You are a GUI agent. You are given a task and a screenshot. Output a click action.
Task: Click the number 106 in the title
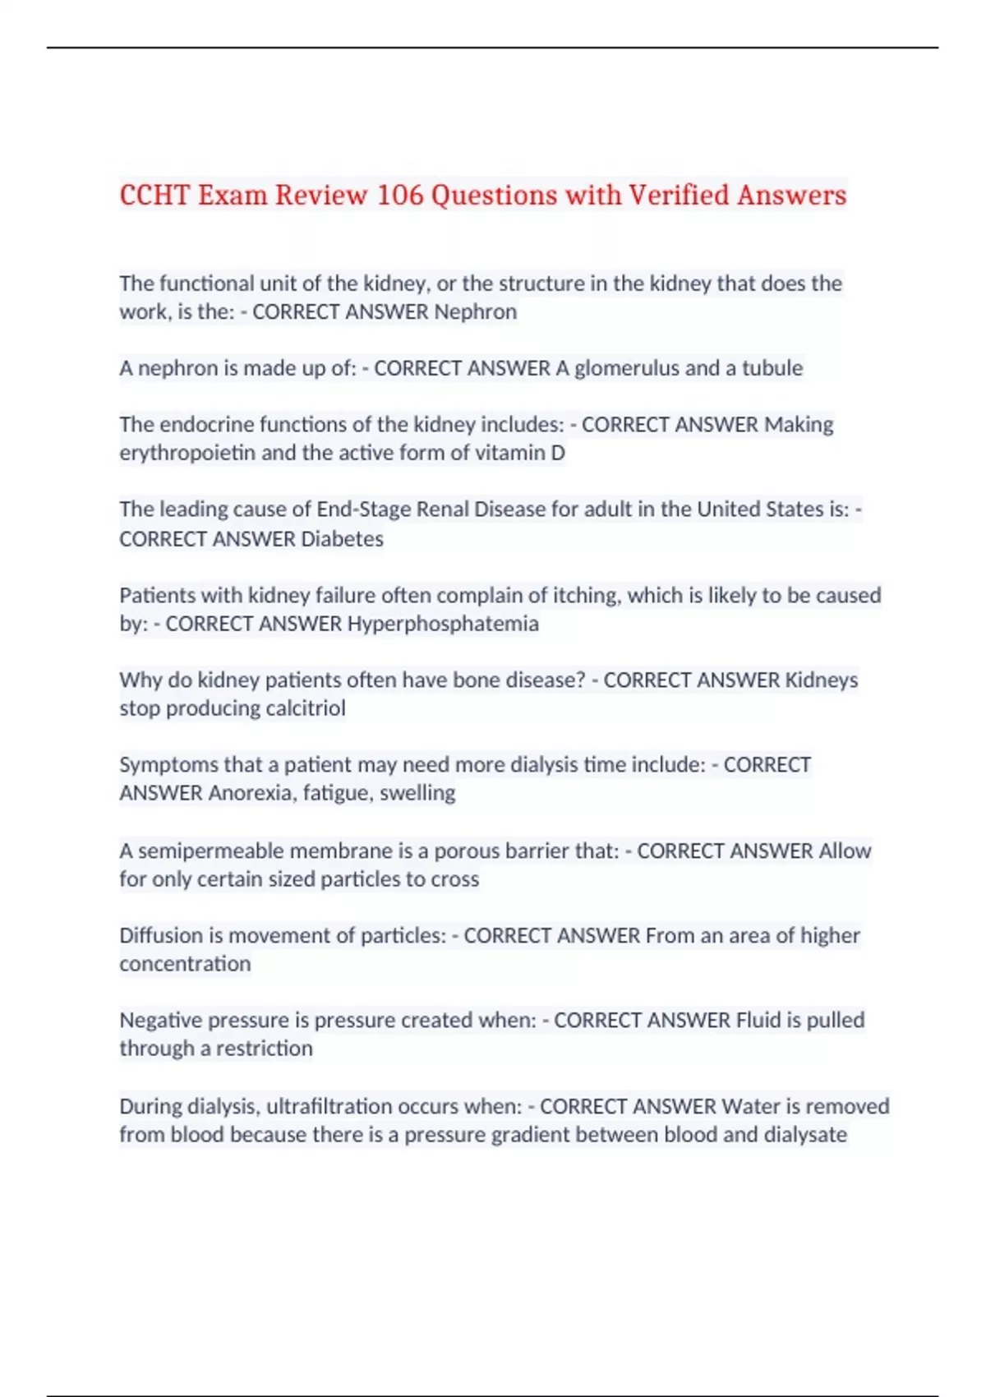(400, 195)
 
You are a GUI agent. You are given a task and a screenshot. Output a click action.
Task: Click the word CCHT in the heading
(154, 195)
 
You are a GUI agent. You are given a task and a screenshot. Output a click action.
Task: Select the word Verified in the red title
(679, 195)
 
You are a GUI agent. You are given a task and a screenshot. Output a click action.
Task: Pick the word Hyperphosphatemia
(443, 624)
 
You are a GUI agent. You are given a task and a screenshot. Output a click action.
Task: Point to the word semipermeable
(211, 851)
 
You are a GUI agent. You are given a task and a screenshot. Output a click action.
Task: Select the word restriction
(265, 1049)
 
